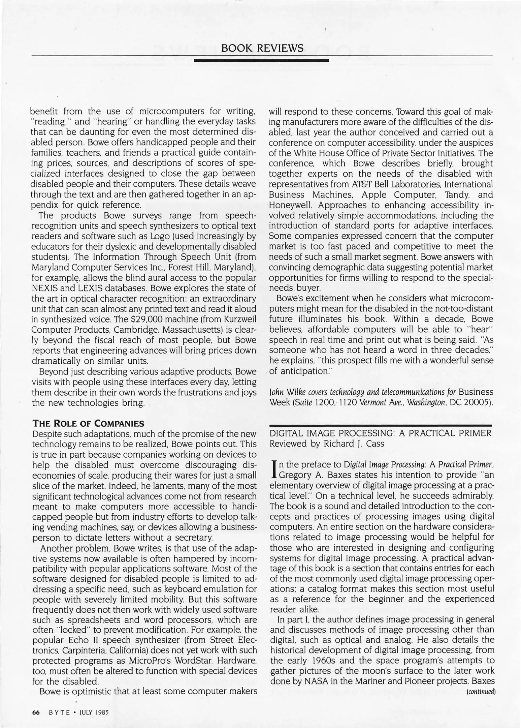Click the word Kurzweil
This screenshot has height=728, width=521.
pyautogui.click(x=242, y=319)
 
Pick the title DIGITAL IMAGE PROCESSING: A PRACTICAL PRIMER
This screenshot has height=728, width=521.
pyautogui.click(x=381, y=433)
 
